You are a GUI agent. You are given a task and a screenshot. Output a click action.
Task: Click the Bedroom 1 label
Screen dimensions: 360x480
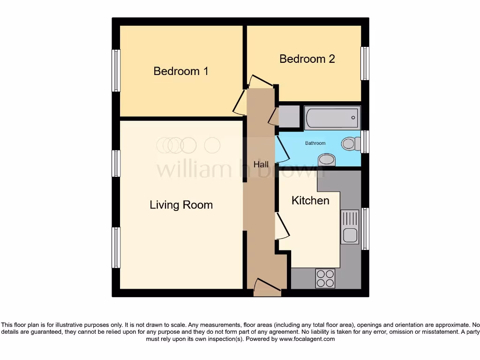point(181,71)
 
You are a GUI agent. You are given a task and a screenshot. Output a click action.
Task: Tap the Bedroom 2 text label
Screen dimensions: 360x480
point(307,59)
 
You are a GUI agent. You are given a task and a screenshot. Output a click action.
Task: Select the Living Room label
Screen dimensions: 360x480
point(181,205)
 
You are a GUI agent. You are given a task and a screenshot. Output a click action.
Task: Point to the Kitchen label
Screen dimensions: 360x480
point(310,201)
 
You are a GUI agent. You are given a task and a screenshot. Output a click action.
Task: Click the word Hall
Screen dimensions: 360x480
point(261,165)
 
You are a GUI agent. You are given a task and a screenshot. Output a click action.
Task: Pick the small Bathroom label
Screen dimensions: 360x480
point(315,143)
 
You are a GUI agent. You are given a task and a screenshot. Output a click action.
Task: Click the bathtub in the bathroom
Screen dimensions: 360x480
point(332,118)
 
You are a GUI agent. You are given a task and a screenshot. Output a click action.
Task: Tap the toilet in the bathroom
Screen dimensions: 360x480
point(349,143)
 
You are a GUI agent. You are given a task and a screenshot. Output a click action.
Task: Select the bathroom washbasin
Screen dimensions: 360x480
point(327,160)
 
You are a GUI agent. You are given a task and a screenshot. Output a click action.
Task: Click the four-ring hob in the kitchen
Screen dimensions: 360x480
point(325,278)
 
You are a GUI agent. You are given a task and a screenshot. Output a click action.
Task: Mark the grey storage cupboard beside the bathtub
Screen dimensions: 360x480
point(289,117)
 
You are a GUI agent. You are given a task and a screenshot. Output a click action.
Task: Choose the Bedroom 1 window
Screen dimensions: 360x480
point(116,71)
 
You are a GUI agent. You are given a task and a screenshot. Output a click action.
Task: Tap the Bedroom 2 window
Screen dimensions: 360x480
point(365,63)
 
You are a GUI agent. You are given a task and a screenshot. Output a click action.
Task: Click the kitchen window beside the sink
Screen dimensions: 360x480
point(365,229)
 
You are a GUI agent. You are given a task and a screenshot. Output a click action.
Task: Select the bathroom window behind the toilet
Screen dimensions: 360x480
point(365,142)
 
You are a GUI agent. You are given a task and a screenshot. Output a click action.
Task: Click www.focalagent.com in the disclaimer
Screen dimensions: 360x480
point(307,339)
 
